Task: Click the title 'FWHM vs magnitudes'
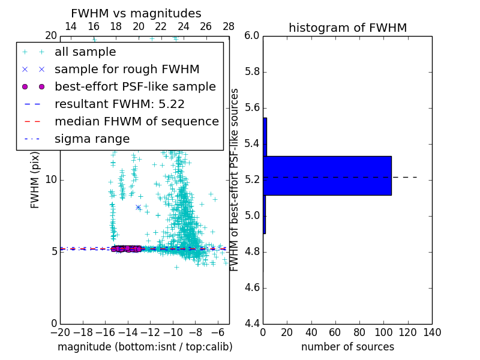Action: tap(136, 13)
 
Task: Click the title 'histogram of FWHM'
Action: tap(347, 28)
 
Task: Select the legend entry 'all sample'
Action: tap(85, 52)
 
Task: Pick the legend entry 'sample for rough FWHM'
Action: tap(127, 69)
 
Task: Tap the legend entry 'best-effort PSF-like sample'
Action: tap(135, 86)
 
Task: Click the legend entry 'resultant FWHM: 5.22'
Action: tap(119, 104)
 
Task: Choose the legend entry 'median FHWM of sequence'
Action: tap(136, 121)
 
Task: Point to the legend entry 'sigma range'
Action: tap(92, 139)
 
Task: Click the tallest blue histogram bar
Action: tap(327, 175)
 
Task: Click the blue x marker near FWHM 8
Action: tap(138, 207)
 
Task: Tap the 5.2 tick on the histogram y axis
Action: tap(251, 180)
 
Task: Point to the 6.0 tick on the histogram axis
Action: tap(251, 36)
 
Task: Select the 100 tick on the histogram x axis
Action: tap(383, 332)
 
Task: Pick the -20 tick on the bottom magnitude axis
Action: tap(60, 332)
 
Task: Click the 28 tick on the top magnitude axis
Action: tap(229, 26)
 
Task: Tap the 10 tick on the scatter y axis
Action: tap(50, 180)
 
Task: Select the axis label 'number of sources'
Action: tap(347, 347)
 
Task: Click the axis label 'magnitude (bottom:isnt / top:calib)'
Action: tap(145, 347)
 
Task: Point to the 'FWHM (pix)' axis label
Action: tap(35, 180)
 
